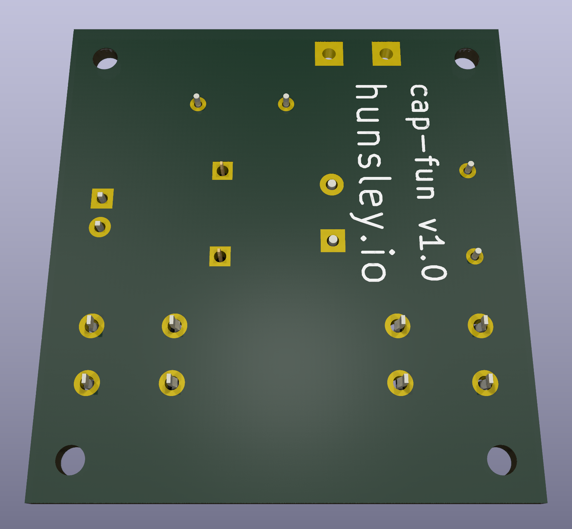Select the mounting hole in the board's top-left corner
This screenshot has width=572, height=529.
tap(105, 58)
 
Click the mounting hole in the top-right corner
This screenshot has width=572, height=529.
tap(467, 58)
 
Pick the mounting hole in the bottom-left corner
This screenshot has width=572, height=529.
tap(71, 460)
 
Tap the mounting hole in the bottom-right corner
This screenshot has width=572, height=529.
tap(502, 460)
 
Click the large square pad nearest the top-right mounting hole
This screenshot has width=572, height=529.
tap(386, 54)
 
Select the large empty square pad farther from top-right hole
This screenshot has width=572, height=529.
tap(329, 54)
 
